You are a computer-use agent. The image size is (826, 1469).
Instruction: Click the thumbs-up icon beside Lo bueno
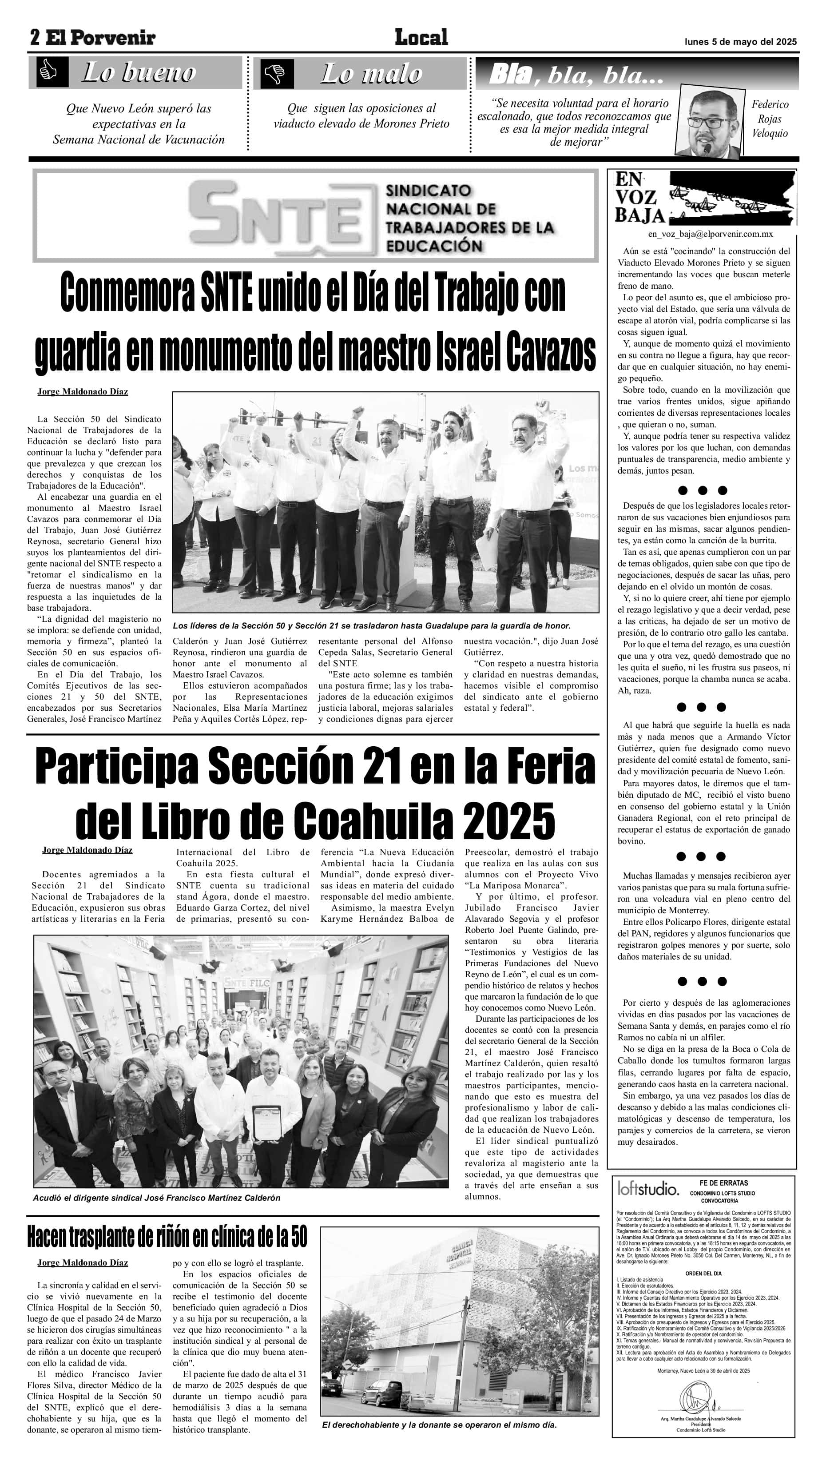48,72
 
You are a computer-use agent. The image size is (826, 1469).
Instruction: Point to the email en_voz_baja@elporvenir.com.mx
710,234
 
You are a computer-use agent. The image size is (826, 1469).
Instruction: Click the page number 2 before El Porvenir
35,38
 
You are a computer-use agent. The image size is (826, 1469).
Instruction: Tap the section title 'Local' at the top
421,38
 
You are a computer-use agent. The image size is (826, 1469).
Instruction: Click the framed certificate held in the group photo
266,1123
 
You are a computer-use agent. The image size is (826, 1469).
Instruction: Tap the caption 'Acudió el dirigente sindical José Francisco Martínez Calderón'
156,1198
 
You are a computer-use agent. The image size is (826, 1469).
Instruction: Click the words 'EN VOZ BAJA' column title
639,197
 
